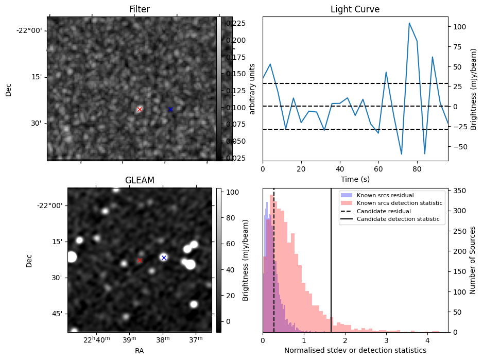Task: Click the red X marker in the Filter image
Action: pyautogui.click(x=140, y=109)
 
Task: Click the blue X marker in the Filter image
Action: pyautogui.click(x=170, y=109)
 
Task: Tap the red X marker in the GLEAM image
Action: pyautogui.click(x=140, y=261)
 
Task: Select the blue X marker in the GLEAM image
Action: pyautogui.click(x=164, y=258)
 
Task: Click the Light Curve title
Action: pyautogui.click(x=355, y=9)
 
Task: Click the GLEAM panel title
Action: pyautogui.click(x=140, y=180)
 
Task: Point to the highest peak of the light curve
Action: pyautogui.click(x=409, y=23)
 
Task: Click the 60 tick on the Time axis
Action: pyautogui.click(x=378, y=169)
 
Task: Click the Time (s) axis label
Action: pyautogui.click(x=355, y=179)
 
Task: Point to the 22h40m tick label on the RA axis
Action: pyautogui.click(x=97, y=339)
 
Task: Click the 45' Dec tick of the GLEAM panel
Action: pyautogui.click(x=58, y=314)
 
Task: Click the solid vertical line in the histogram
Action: pyautogui.click(x=331, y=261)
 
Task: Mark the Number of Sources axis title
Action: pyautogui.click(x=473, y=261)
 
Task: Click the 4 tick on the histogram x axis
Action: pyautogui.click(x=427, y=340)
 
